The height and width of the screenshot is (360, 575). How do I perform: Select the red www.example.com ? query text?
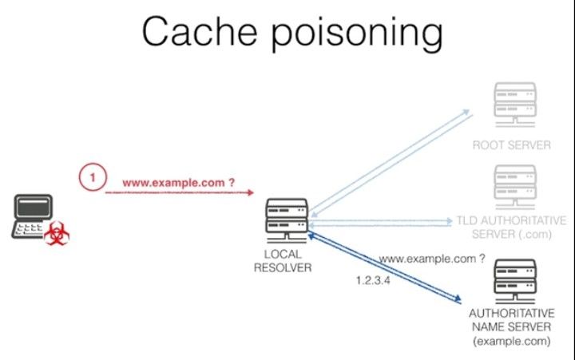point(178,183)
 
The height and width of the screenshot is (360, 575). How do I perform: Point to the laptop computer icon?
point(30,218)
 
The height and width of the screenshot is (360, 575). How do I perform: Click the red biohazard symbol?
point(56,233)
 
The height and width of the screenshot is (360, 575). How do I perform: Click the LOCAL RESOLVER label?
point(283,261)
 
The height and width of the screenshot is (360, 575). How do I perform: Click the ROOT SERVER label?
point(512,145)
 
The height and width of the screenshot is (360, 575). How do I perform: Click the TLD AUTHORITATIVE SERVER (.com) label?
point(511,226)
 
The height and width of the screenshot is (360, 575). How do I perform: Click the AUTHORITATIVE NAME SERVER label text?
point(511,320)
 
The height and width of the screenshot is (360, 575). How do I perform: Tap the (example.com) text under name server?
point(511,341)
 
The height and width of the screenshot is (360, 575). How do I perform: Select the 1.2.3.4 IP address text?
point(372,281)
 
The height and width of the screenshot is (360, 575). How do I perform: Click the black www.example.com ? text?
point(432,259)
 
